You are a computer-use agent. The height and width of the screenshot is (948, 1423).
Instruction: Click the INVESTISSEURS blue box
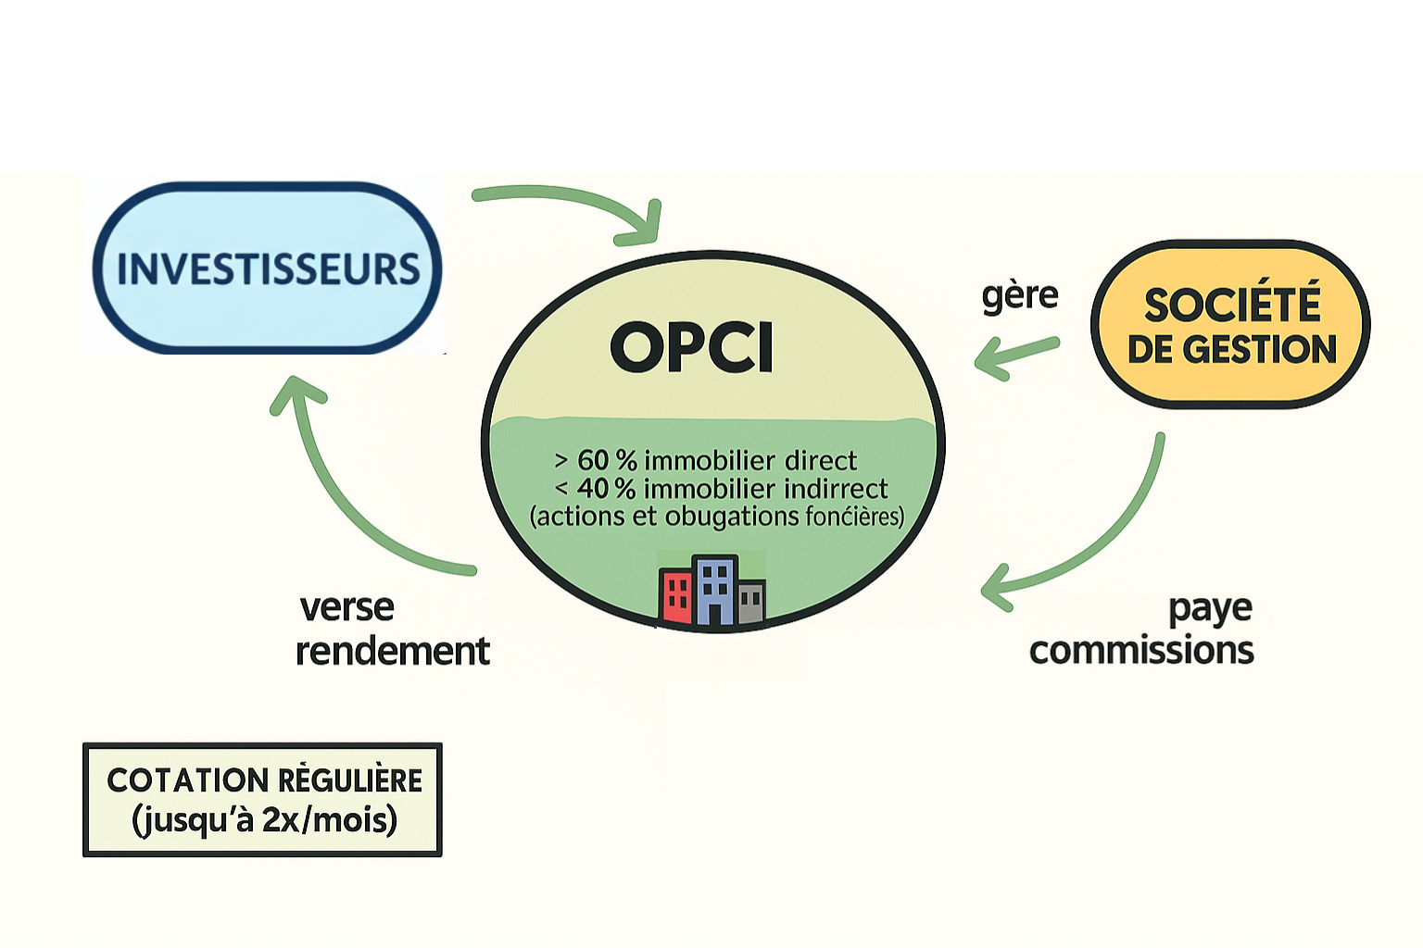click(x=268, y=268)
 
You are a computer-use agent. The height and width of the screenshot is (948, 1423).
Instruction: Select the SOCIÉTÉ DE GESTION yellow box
click(x=1230, y=325)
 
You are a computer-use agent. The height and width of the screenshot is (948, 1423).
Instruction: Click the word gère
click(x=1019, y=295)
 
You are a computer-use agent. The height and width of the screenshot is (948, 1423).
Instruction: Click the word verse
click(x=347, y=607)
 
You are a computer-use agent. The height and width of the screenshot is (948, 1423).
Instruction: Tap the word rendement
click(x=392, y=651)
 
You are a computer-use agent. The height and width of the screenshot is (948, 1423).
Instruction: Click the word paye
click(x=1210, y=609)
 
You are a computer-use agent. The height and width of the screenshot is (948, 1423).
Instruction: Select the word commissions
click(x=1141, y=650)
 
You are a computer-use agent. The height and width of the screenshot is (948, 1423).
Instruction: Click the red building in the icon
click(x=675, y=597)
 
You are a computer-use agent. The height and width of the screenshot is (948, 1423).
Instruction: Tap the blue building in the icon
click(x=715, y=591)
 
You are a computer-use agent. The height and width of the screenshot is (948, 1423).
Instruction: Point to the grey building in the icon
click(x=751, y=603)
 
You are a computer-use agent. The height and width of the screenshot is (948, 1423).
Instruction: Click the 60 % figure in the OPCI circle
click(x=607, y=460)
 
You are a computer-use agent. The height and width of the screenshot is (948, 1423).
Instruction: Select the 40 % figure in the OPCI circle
click(x=606, y=488)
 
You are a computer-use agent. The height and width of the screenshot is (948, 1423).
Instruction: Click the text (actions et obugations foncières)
click(x=716, y=516)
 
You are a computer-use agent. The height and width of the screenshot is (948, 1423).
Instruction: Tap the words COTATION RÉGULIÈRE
click(x=264, y=780)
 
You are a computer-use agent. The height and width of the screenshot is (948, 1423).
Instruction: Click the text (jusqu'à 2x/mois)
click(x=264, y=820)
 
